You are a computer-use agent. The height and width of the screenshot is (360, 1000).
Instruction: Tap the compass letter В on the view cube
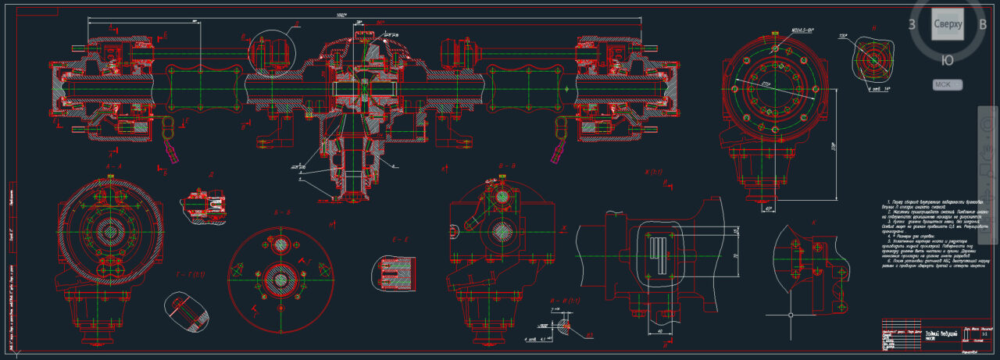click(983, 23)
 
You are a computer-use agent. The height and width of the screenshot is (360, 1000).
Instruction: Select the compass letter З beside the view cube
click(912, 24)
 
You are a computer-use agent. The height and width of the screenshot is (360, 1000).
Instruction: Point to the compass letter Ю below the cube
click(947, 60)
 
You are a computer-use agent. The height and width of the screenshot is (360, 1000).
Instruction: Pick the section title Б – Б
click(282, 212)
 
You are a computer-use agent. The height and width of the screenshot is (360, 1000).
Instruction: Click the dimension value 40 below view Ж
click(661, 330)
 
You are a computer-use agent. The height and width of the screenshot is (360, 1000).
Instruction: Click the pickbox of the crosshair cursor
click(791, 316)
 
